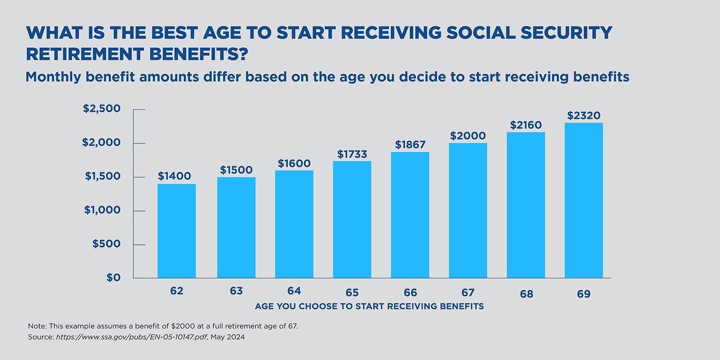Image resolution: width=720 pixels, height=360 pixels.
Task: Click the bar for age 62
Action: pyautogui.click(x=176, y=231)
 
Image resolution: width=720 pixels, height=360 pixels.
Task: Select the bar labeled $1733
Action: pyautogui.click(x=352, y=220)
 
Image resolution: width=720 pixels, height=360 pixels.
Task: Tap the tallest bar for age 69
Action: pyautogui.click(x=584, y=200)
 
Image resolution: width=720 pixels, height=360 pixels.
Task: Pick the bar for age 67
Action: pyautogui.click(x=468, y=211)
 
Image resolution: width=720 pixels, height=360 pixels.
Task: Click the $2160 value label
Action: pyautogui.click(x=526, y=125)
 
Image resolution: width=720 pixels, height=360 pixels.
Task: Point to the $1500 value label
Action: pyautogui.click(x=236, y=170)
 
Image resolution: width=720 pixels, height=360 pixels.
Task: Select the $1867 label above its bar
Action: pyautogui.click(x=410, y=145)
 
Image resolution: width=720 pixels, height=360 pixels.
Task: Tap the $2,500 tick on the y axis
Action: pyautogui.click(x=102, y=108)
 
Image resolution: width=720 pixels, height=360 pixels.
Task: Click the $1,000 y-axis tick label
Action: pyautogui.click(x=102, y=210)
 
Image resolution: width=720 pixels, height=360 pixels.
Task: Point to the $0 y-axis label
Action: pyautogui.click(x=113, y=278)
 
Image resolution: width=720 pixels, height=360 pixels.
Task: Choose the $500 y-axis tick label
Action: pyautogui.click(x=106, y=244)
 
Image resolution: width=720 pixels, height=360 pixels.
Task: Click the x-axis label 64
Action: pyautogui.click(x=294, y=291)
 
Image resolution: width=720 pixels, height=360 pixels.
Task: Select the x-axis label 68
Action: pyautogui.click(x=526, y=294)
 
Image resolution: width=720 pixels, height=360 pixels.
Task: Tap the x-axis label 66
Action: pyautogui.click(x=410, y=293)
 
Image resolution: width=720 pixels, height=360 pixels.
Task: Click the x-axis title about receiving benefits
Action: pyautogui.click(x=369, y=306)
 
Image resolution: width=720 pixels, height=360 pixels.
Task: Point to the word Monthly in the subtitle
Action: pyautogui.click(x=53, y=77)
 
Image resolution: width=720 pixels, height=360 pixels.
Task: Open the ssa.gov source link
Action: pyautogui.click(x=131, y=337)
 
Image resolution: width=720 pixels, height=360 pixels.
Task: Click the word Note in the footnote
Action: pyautogui.click(x=37, y=326)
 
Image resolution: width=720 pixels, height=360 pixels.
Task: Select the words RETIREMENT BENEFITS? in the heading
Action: pyautogui.click(x=137, y=54)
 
